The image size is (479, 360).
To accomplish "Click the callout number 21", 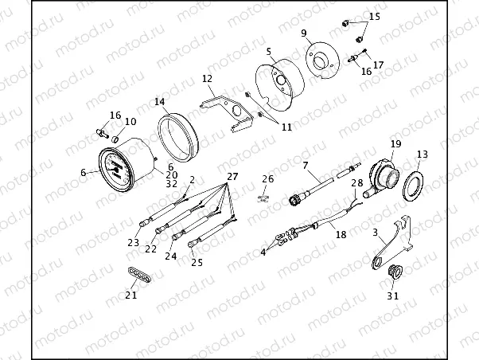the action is pos(131,295).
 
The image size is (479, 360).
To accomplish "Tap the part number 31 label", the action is pos(393,295).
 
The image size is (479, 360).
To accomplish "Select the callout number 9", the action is pos(304,33).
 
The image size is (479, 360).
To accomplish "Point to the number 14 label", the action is pos(159,101).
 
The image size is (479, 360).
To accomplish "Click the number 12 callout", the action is pos(207,79).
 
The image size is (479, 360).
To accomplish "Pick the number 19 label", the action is pos(396,143).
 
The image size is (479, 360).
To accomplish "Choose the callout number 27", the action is pos(232,177).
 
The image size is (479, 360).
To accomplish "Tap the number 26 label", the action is pos(268,179).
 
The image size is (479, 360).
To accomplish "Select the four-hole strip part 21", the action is pos(138,275).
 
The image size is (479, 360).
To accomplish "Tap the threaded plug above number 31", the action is pos(395,272).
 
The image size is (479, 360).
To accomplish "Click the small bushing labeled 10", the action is pos(115,140).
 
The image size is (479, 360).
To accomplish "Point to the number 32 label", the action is pos(171,184).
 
